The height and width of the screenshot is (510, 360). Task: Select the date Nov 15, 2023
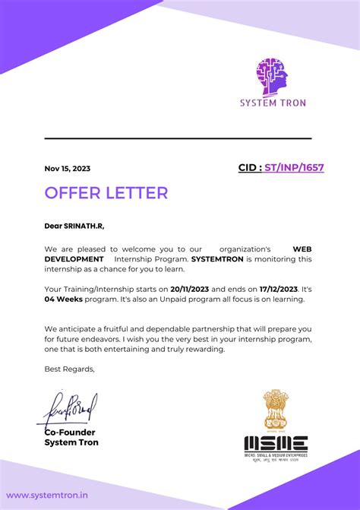pos(68,169)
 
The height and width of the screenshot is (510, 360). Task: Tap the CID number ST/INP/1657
pos(294,167)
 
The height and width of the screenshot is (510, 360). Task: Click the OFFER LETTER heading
pos(106,193)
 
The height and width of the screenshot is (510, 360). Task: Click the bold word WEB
pos(302,249)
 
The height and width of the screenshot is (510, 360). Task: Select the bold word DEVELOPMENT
pos(74,259)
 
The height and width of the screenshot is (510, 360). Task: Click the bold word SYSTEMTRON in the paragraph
pos(217,259)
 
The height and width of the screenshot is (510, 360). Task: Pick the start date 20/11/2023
pos(189,290)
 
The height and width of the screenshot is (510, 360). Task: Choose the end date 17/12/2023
pos(276,290)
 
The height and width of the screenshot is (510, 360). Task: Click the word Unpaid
pos(173,299)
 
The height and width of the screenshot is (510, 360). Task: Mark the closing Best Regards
pos(70,369)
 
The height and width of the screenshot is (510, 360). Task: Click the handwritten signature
pos(68,410)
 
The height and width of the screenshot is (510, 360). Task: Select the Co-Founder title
pos(70,432)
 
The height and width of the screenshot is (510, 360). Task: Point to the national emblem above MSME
pos(275,410)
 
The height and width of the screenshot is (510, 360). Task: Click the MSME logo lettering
pos(276,444)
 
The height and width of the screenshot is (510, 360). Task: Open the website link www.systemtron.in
pos(47,495)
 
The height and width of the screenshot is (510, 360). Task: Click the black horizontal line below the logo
pos(178,138)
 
